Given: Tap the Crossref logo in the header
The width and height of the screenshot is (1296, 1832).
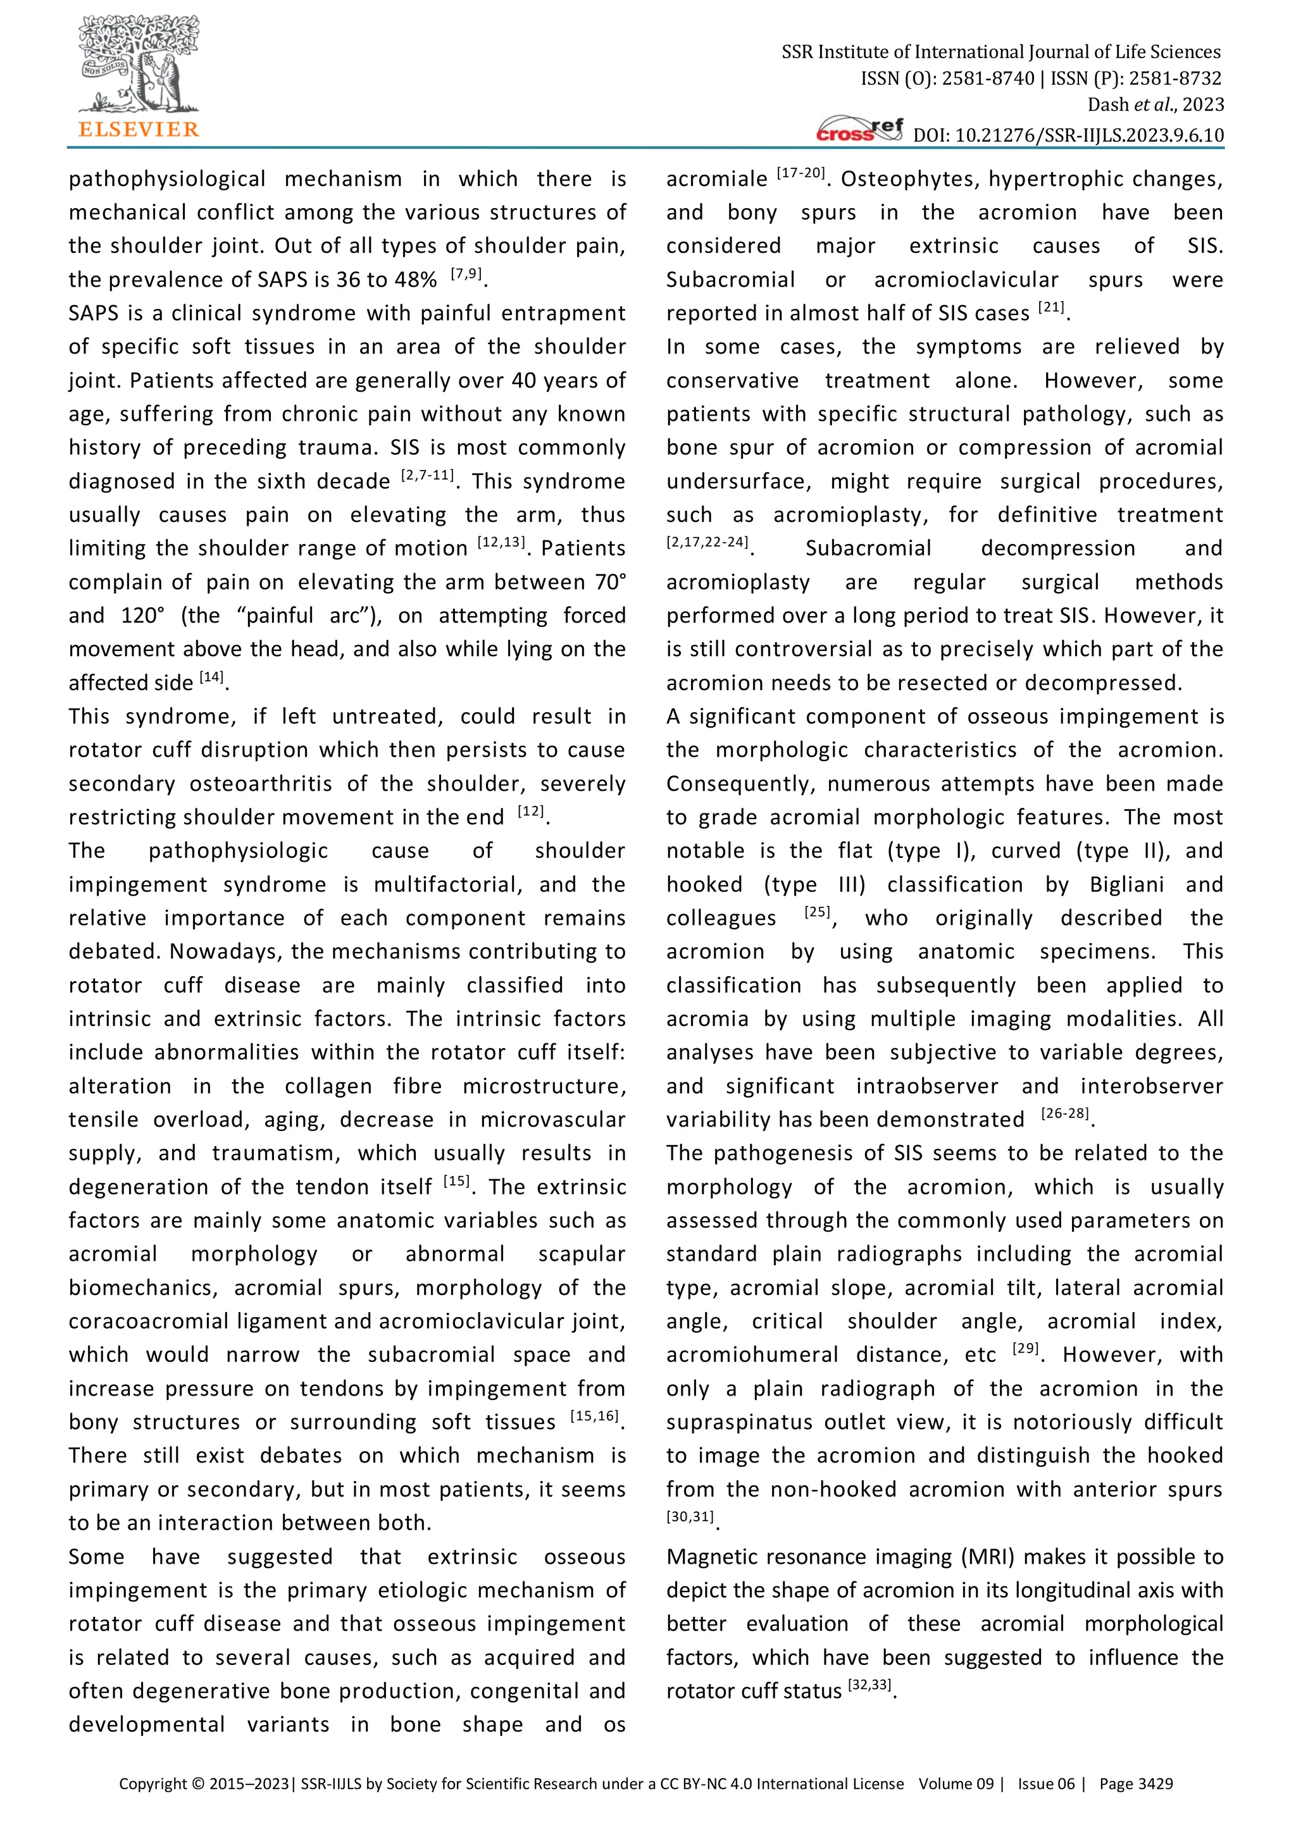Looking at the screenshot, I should tap(860, 130).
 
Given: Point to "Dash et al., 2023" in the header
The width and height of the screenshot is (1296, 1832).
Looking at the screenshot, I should tap(1155, 104).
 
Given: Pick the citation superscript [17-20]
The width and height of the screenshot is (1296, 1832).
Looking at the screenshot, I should tap(801, 174).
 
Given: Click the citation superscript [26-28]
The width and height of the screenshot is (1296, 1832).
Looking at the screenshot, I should tap(1066, 1115).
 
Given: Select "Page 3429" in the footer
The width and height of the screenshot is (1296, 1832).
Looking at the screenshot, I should tap(1136, 1783).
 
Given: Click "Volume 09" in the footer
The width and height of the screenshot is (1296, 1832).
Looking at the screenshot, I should tap(956, 1783).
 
